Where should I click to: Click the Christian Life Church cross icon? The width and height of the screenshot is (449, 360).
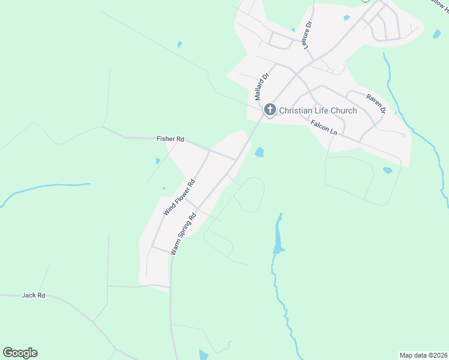(270, 110)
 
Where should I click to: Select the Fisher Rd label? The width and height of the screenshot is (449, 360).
(170, 139)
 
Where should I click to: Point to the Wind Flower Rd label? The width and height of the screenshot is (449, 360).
(179, 197)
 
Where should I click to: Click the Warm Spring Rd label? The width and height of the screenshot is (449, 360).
(184, 233)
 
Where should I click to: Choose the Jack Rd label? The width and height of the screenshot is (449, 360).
(33, 295)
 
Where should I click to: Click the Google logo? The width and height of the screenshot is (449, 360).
(20, 353)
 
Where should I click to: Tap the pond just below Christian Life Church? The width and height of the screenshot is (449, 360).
(259, 152)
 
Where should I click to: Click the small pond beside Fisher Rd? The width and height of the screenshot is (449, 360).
(158, 161)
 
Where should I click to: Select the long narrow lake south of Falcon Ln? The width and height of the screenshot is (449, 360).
(278, 235)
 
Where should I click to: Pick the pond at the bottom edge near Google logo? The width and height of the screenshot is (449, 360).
(203, 355)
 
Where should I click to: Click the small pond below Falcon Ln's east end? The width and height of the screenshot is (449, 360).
(387, 170)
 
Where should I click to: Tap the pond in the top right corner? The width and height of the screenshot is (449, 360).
(436, 34)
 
